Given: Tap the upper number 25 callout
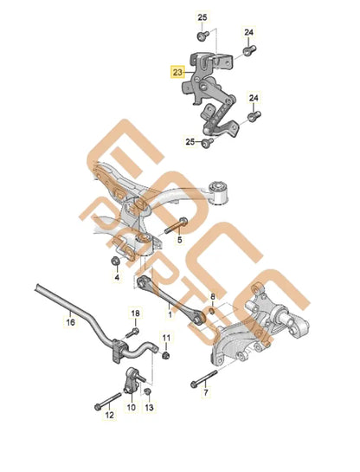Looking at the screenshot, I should [x=202, y=17].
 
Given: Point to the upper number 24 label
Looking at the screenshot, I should [x=248, y=33].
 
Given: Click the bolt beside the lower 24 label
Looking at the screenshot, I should [x=254, y=115].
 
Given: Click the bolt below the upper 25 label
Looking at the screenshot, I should [x=202, y=36].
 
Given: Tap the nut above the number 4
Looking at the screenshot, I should [x=115, y=262].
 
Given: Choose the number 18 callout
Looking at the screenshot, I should [x=135, y=312].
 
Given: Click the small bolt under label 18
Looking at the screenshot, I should [x=135, y=330].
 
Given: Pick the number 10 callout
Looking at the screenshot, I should [x=132, y=406].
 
